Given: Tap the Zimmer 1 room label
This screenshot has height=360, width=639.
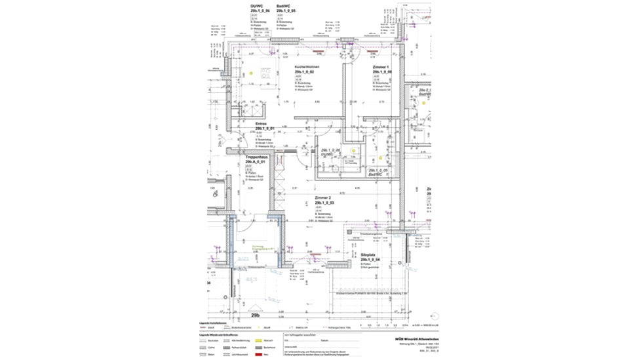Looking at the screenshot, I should pyautogui.click(x=379, y=67).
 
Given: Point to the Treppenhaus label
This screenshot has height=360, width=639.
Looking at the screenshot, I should pyautogui.click(x=255, y=158).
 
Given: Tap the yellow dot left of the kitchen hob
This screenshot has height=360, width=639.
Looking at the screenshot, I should pyautogui.click(x=251, y=72).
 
